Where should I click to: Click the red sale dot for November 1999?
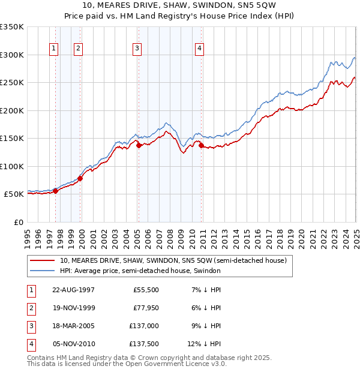coord(80,178)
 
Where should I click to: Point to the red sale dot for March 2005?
coord(139,145)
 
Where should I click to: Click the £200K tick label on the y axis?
coord(12,110)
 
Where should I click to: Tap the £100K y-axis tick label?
coord(12,166)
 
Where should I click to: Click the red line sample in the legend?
coord(42,261)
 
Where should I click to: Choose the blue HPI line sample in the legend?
coord(42,271)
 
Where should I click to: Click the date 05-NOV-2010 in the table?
coord(73,344)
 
